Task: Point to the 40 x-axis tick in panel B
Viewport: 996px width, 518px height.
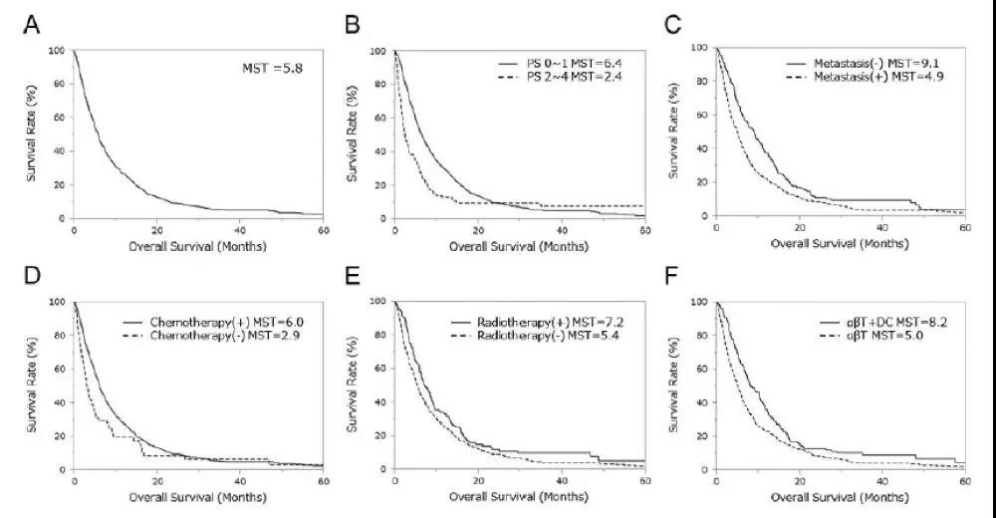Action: point(561,230)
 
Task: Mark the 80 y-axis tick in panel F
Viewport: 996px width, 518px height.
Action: point(702,335)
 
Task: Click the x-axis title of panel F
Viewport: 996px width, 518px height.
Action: point(840,495)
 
